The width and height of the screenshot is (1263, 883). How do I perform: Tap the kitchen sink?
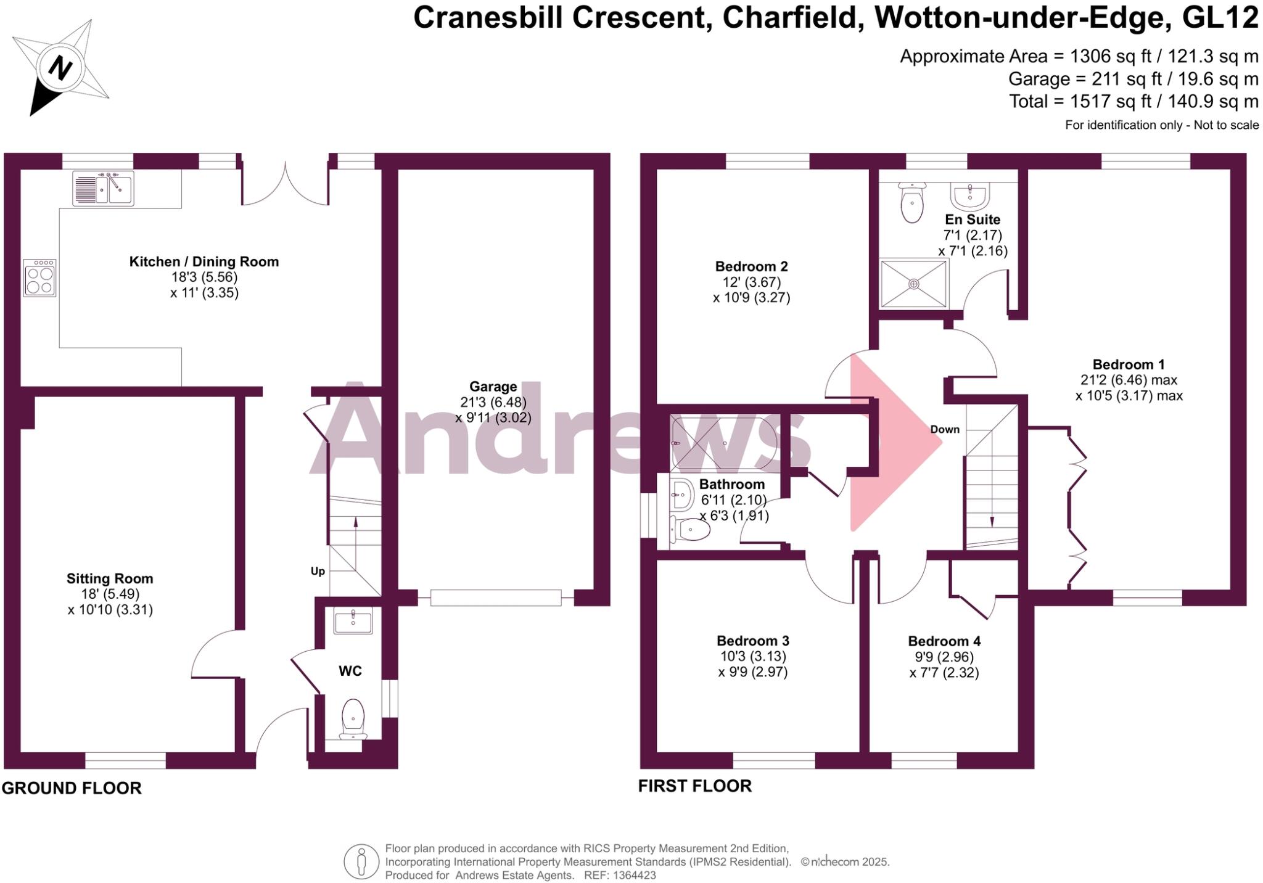[x=103, y=187]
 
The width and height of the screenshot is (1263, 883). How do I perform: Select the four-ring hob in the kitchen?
[x=40, y=277]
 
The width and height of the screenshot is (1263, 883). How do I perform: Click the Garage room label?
[x=493, y=387]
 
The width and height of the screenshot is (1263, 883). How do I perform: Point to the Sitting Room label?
[x=110, y=578]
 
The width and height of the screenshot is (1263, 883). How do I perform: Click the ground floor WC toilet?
[x=353, y=718]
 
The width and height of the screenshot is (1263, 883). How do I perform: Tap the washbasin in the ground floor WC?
[x=353, y=621]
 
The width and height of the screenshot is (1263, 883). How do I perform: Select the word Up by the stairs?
[x=318, y=571]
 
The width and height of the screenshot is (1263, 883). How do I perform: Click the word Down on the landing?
[x=945, y=429]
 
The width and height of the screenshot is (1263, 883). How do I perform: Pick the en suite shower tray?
[x=913, y=284]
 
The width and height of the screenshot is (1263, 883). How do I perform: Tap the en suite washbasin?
[x=971, y=195]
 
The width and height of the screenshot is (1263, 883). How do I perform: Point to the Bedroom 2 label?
[x=751, y=266]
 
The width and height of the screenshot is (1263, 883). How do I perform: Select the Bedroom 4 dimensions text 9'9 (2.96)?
[x=944, y=657]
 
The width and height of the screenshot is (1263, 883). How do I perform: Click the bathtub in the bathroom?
[x=725, y=443]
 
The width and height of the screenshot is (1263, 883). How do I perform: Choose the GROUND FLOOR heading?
[x=72, y=788]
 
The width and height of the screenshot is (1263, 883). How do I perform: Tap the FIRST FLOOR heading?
[x=694, y=786]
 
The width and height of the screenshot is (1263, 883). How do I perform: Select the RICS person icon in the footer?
[x=361, y=861]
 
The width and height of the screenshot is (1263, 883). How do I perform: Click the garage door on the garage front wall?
[x=496, y=598]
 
